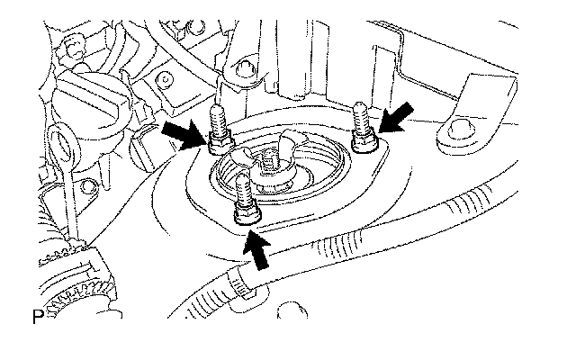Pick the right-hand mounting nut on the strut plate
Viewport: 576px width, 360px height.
point(364,144)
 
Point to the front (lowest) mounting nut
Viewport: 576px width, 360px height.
point(244,214)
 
